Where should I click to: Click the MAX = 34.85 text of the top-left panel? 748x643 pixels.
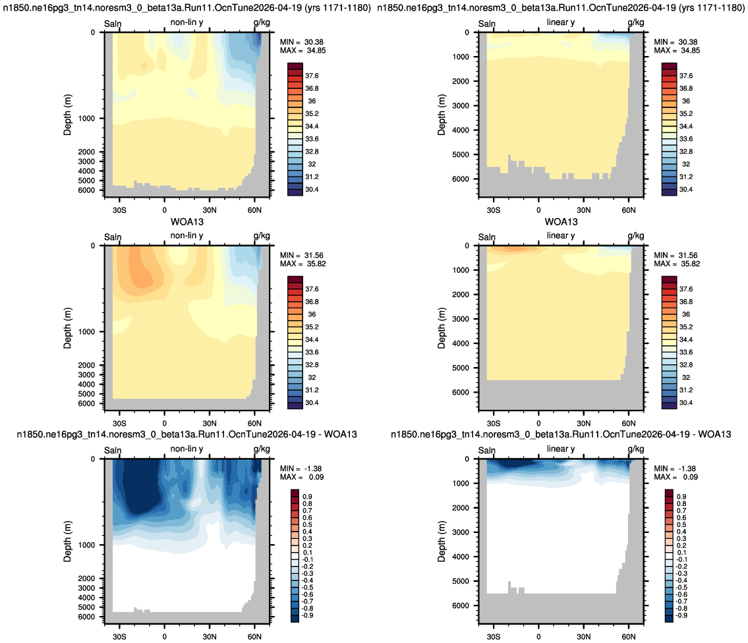coord(303,51)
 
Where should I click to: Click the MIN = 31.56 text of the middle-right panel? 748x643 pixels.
coord(676,255)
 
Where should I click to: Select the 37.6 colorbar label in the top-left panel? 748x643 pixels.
coord(312,76)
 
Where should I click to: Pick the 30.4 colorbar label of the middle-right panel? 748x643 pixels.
coord(686,403)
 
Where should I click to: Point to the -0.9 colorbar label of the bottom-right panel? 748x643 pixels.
coord(681,615)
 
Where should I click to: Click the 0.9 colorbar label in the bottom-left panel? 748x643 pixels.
coord(308,497)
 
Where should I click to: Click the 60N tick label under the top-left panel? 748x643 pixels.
coord(255,210)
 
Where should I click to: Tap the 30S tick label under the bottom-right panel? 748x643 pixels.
coord(494,636)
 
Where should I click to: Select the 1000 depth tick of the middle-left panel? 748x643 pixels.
coord(86,331)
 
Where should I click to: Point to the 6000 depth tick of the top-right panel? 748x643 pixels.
coord(461,179)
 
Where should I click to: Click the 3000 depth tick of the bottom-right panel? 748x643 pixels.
coord(461,532)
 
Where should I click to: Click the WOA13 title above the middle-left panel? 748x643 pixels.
coord(187,222)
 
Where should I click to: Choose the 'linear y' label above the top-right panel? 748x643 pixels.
coord(561,22)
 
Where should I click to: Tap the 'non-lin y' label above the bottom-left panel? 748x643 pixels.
coord(187,449)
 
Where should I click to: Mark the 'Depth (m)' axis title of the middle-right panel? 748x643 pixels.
coord(442,328)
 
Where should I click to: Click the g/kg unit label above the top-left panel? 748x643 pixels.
coord(262,22)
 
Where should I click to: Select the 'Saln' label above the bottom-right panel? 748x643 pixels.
coord(487,450)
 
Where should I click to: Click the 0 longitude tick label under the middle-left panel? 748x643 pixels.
coord(165,423)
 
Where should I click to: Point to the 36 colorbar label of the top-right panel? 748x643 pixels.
coord(686,101)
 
